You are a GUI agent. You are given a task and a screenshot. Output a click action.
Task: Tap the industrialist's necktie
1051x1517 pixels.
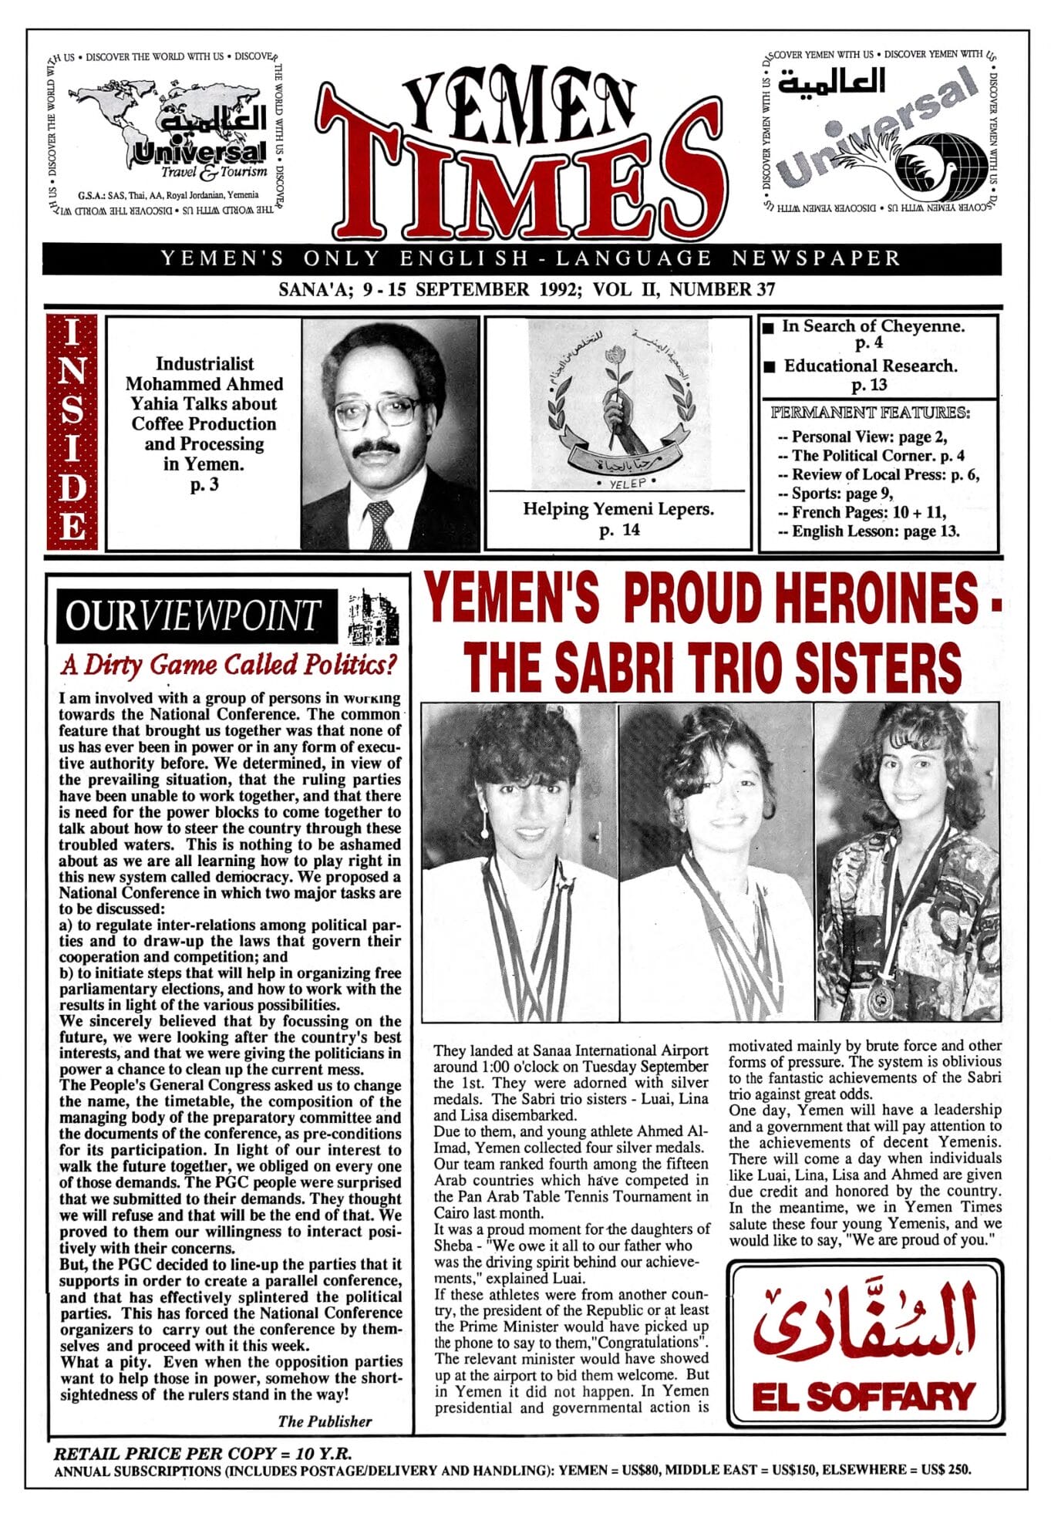tap(379, 524)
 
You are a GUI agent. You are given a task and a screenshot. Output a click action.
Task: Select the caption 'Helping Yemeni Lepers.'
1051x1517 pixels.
tap(618, 509)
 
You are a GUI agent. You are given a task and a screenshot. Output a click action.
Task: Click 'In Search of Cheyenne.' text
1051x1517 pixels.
tap(873, 326)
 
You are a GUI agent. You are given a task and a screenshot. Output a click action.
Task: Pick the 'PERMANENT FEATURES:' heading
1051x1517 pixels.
tap(870, 413)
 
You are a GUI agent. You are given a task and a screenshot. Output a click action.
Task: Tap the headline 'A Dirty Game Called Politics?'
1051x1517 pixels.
tap(229, 664)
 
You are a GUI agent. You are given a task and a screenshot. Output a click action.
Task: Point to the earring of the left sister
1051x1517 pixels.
tap(484, 832)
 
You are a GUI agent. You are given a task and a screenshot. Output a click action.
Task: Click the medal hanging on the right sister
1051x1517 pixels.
tap(879, 999)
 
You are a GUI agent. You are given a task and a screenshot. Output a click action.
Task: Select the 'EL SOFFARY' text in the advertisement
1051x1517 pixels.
tap(864, 1397)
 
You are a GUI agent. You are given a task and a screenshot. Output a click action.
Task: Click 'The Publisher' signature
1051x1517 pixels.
tap(325, 1421)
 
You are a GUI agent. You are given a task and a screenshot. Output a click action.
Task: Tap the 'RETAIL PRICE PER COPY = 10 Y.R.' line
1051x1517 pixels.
tap(203, 1454)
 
